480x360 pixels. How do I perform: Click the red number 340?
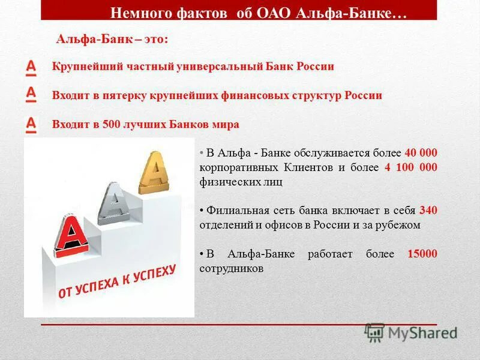pyautogui.click(x=428, y=211)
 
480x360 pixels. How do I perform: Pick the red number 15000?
pyautogui.click(x=422, y=254)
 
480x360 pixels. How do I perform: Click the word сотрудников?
pyautogui.click(x=232, y=268)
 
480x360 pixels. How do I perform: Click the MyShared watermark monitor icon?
pyautogui.click(x=374, y=331)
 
